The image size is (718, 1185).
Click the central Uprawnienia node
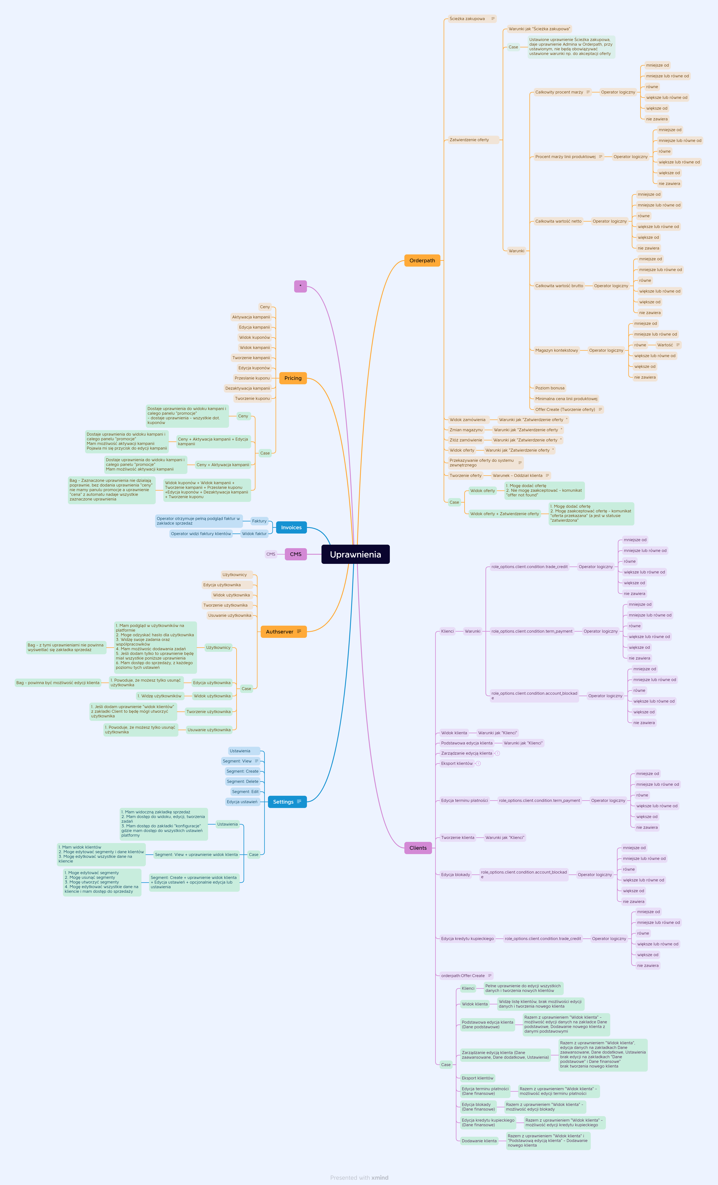pyautogui.click(x=355, y=554)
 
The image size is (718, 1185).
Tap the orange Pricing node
pyautogui.click(x=293, y=378)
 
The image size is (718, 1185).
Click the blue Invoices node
pyautogui.click(x=291, y=528)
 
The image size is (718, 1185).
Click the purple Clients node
pyautogui.click(x=418, y=848)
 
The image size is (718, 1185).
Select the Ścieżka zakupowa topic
pyautogui.click(x=467, y=19)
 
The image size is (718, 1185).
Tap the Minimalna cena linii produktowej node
pyautogui.click(x=566, y=399)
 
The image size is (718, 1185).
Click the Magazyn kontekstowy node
pyautogui.click(x=556, y=350)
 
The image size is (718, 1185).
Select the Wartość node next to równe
pyautogui.click(x=665, y=345)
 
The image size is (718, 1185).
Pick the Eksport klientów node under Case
pyautogui.click(x=477, y=1078)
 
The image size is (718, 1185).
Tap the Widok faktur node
pyautogui.click(x=254, y=534)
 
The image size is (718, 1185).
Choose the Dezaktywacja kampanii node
pyautogui.click(x=248, y=388)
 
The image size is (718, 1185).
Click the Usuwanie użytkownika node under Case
pyautogui.click(x=209, y=730)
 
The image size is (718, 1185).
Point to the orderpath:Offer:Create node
pyautogui.click(x=463, y=976)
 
